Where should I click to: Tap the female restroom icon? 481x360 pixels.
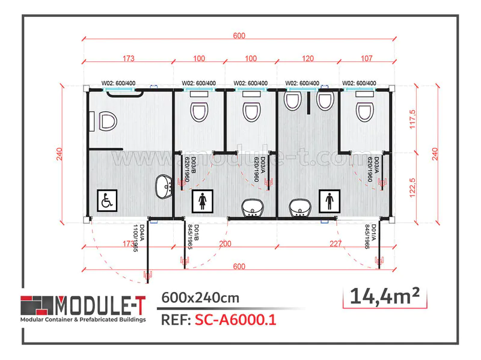tap(201, 201)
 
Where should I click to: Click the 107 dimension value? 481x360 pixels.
tap(366, 59)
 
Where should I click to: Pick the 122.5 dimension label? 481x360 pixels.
tap(412, 185)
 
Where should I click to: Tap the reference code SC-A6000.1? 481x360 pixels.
tap(236, 320)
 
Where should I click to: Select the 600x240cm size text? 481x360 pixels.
tap(200, 297)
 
